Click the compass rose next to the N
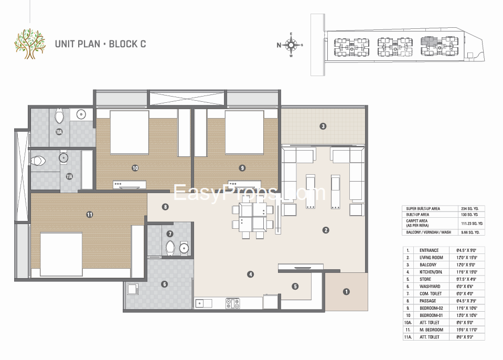pos(291,45)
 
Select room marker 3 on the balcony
pos(323,126)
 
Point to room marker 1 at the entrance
pos(346,292)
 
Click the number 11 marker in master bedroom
pos(90,214)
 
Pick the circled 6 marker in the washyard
pos(164,284)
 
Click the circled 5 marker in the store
pos(295,286)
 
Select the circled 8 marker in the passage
pos(165,207)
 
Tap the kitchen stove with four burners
pos(232,303)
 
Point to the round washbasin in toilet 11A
pos(63,156)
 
